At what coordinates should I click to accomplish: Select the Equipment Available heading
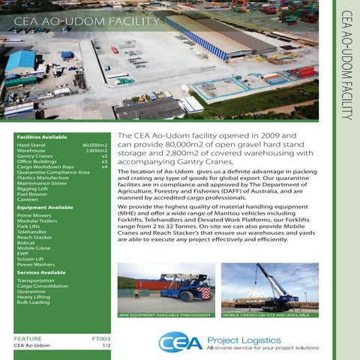coord(44,207)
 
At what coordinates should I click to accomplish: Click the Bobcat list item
coord(25,242)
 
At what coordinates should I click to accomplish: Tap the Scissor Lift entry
coord(31,259)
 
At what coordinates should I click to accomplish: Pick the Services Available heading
coord(42,272)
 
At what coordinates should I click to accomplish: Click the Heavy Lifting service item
coord(32,296)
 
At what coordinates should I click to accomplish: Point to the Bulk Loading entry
coord(33,302)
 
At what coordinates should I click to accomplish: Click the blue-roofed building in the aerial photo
coord(20,61)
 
